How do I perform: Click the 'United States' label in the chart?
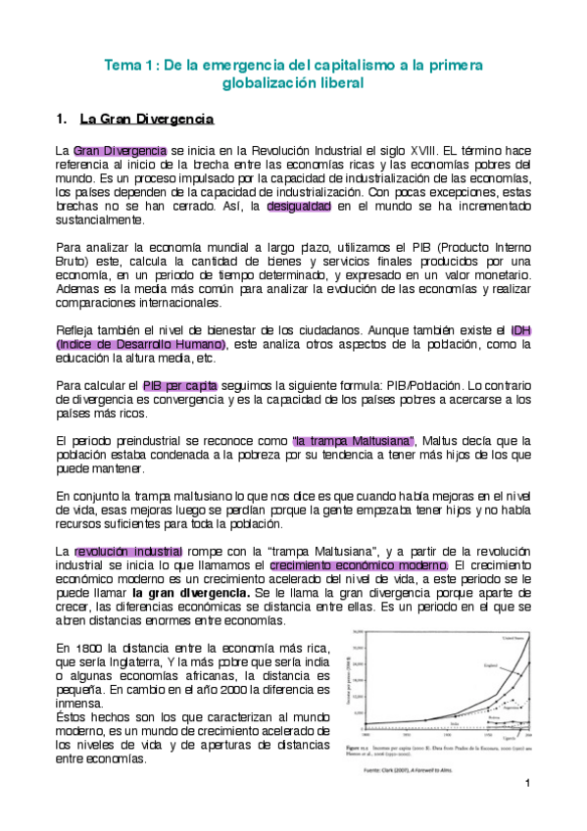click(511, 637)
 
